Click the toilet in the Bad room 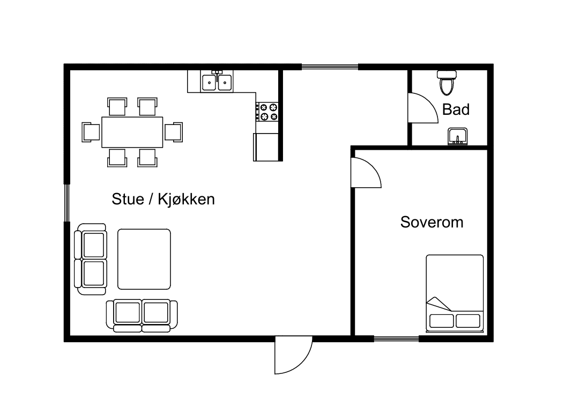tap(446, 83)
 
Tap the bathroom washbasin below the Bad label tap(457, 137)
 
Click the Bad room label tap(456, 109)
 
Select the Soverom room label tap(432, 222)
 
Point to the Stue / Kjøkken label tap(163, 199)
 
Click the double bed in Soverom tap(455, 292)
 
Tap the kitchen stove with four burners tap(267, 112)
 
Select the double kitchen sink tap(217, 82)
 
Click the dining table tap(132, 132)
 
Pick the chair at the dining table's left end tap(91, 132)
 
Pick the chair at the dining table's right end tap(173, 132)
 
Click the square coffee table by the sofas tap(144, 259)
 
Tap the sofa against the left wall tap(91, 259)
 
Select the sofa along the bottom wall tap(142, 315)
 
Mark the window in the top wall tap(329, 67)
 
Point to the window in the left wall tap(68, 202)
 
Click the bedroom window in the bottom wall tap(396, 339)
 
